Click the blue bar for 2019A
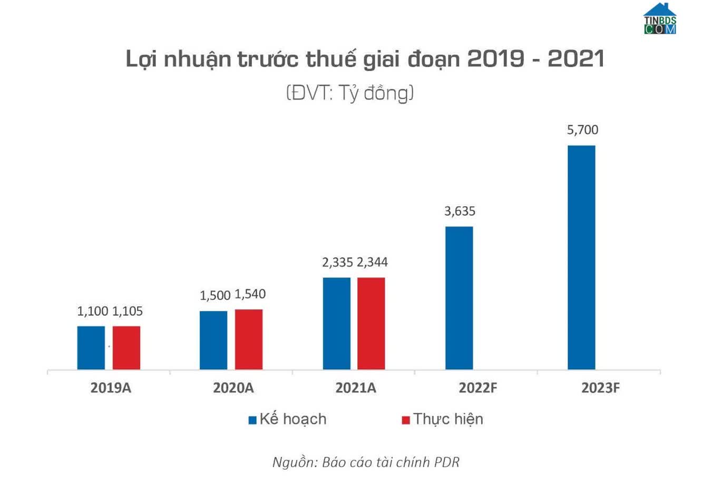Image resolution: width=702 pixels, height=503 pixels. click(91, 348)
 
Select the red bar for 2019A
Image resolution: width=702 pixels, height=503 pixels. click(126, 348)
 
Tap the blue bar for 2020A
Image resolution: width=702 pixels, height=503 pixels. click(213, 340)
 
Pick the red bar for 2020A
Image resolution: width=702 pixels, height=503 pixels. click(249, 339)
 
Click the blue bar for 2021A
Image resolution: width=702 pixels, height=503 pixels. click(337, 324)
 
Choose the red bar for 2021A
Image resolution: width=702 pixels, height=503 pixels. click(371, 324)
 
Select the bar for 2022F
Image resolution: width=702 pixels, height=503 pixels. click(459, 298)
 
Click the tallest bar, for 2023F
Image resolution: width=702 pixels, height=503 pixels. click(581, 257)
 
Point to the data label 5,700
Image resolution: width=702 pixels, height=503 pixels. click(582, 130)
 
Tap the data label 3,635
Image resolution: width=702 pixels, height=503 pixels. click(460, 212)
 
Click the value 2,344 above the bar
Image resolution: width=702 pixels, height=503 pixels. click(372, 262)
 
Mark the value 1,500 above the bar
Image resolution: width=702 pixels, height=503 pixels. click(215, 296)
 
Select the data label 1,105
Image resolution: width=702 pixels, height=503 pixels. click(128, 311)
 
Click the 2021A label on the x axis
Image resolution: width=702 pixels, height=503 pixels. click(356, 388)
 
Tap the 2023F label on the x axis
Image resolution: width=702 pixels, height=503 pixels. click(600, 388)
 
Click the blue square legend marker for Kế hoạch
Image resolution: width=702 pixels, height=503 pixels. click(252, 420)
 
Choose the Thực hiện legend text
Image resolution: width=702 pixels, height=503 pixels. click(448, 419)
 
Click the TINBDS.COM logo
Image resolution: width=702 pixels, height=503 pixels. click(660, 19)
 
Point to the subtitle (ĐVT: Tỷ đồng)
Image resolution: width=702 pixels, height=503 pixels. click(350, 93)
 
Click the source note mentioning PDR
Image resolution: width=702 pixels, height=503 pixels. click(366, 462)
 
